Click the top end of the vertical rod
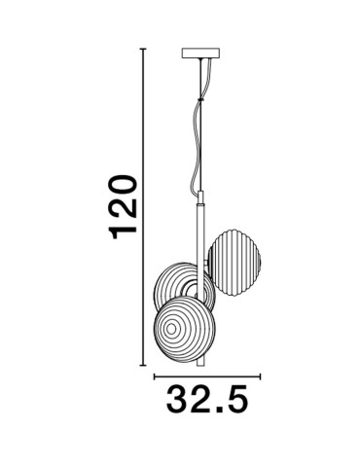point(202,199)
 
